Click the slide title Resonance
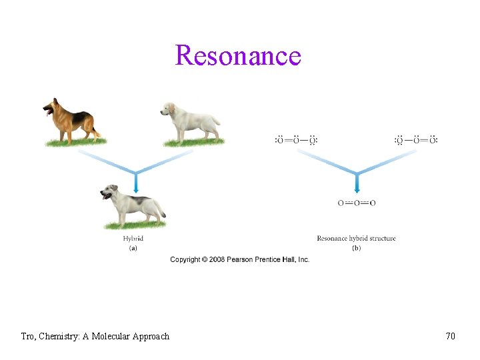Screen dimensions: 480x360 [x=238, y=55]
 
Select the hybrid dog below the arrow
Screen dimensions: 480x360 [x=133, y=205]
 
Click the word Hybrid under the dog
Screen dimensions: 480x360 [x=133, y=238]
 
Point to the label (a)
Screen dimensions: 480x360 [x=133, y=248]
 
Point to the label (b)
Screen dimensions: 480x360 [x=356, y=248]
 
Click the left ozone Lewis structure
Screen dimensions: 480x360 [x=296, y=140]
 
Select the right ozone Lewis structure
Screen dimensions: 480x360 [x=416, y=140]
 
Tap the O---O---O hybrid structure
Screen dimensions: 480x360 [x=356, y=203]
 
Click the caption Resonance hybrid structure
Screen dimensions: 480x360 [x=356, y=238]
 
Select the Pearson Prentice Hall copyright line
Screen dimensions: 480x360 [x=240, y=259]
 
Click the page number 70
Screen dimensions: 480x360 [x=451, y=337]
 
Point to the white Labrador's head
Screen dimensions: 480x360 [x=167, y=109]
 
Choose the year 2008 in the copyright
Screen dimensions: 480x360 [x=217, y=259]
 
